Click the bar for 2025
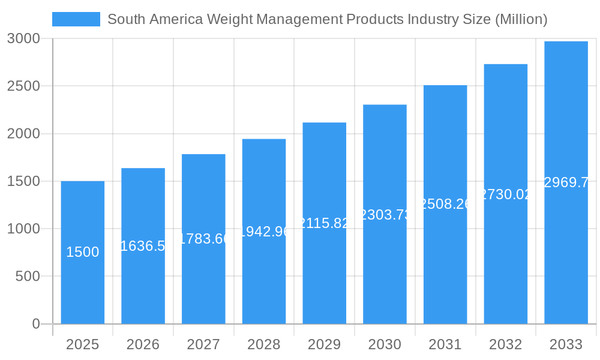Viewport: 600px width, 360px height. (83, 288)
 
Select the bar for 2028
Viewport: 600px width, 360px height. (264, 276)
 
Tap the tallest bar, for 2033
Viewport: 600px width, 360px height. (566, 240)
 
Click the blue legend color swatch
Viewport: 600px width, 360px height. (76, 19)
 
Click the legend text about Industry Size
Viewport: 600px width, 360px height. (327, 19)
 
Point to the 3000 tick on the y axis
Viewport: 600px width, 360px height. (23, 38)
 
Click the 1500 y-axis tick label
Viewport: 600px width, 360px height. (23, 181)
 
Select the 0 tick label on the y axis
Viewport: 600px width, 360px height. (35, 324)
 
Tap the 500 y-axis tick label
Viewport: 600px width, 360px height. (28, 277)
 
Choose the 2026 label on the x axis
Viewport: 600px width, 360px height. (143, 344)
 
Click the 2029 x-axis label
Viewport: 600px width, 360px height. (324, 344)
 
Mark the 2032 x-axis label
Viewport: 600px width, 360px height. (505, 344)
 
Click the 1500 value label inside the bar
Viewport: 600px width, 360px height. (83, 253)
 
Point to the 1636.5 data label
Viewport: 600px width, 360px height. (143, 246)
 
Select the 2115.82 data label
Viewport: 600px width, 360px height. (324, 223)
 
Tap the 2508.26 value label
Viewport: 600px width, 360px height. (445, 204)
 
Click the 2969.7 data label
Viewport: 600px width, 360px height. (566, 182)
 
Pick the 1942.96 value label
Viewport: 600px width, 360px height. (264, 231)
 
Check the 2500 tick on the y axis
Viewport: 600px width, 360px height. (23, 86)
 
